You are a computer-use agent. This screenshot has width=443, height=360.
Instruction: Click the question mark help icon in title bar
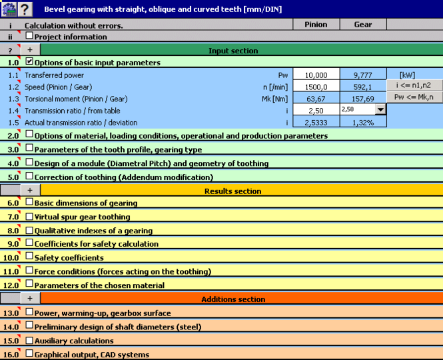(25, 9)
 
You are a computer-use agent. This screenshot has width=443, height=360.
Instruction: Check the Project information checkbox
(29, 35)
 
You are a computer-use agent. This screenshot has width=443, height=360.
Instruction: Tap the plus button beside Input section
(30, 50)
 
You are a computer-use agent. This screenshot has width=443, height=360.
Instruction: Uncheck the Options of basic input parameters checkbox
(29, 61)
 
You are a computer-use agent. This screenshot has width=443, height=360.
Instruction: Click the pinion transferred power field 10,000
(316, 75)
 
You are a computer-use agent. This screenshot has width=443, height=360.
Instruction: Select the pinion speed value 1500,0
(316, 87)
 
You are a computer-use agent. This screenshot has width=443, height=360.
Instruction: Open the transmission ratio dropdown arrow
(380, 109)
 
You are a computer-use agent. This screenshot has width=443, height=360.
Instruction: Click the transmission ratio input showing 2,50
(316, 110)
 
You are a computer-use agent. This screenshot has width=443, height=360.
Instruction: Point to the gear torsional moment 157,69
(363, 99)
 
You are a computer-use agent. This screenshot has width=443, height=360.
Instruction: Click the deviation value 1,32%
(363, 123)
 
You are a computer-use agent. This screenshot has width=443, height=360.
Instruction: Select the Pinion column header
(316, 24)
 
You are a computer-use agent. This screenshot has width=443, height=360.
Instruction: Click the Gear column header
(363, 24)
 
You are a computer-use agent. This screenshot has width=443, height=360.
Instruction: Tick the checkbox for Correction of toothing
(29, 176)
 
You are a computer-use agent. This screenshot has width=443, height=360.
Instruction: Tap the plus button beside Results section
(30, 190)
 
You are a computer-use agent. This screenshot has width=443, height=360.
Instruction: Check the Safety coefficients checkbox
(29, 256)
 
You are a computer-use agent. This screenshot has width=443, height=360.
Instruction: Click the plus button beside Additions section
(30, 298)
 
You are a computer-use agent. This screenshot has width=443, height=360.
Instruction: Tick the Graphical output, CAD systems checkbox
(29, 353)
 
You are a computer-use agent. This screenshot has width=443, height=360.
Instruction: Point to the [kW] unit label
(407, 75)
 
